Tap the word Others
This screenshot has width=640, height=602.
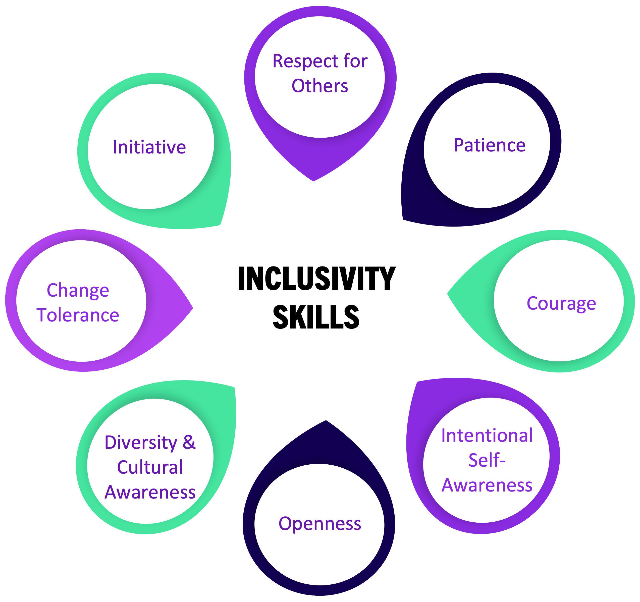tap(320, 86)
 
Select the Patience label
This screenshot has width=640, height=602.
tap(489, 145)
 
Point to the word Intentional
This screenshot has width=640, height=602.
tap(487, 435)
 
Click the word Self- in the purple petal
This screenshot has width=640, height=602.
tap(487, 460)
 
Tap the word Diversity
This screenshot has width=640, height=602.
tap(141, 442)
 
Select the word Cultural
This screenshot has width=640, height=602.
tap(150, 467)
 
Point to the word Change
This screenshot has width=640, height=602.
tap(78, 290)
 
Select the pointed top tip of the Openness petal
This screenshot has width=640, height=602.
tap(326, 421)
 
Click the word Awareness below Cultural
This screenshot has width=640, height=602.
tap(150, 492)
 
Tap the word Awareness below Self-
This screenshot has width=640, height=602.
tap(487, 485)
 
